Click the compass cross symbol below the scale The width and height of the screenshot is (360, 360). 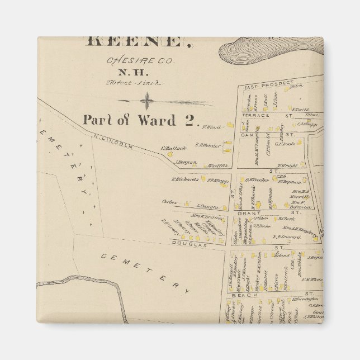[x=147, y=101]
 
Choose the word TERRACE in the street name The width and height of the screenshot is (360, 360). [x=255, y=115]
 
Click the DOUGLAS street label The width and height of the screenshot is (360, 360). [x=190, y=245]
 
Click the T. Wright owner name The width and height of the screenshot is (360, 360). [x=287, y=165]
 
